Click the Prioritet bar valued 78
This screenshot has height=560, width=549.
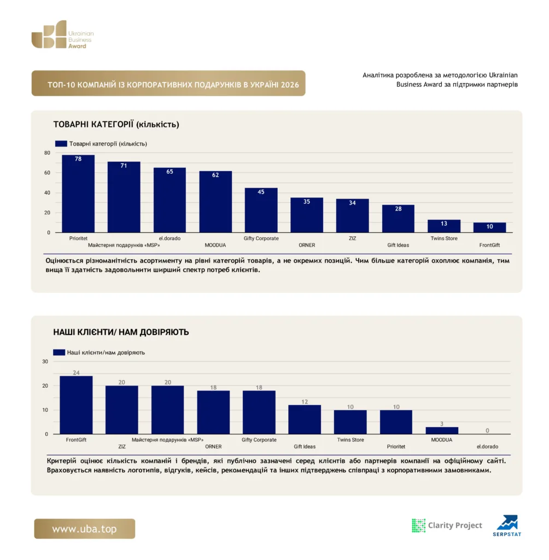[x=78, y=194]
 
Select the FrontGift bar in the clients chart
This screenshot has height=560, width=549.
[x=76, y=405]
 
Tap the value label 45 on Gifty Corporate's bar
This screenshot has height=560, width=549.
[x=261, y=192]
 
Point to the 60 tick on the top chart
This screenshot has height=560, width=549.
[x=47, y=173]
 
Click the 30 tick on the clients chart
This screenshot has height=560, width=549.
[x=45, y=361]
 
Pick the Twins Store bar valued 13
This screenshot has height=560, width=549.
[x=444, y=226]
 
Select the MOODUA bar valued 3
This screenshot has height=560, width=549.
[x=442, y=431]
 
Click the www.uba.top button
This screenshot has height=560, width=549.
[x=85, y=529]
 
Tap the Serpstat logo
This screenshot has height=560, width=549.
[x=507, y=526]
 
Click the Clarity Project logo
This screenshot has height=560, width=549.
[x=447, y=526]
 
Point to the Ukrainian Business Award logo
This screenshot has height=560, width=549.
[x=62, y=34]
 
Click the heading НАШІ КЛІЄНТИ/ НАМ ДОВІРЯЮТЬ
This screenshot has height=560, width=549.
[x=121, y=332]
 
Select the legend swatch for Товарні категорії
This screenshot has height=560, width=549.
[x=61, y=144]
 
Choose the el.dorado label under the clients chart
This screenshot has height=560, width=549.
[x=487, y=446]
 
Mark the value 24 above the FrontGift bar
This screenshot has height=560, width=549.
[x=76, y=372]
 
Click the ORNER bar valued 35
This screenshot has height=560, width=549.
[x=307, y=215]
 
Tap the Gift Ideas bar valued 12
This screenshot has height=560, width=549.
[x=305, y=419]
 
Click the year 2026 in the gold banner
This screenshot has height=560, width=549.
[x=290, y=85]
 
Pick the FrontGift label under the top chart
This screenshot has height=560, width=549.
[x=489, y=245]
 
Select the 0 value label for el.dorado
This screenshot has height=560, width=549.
[x=487, y=431]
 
